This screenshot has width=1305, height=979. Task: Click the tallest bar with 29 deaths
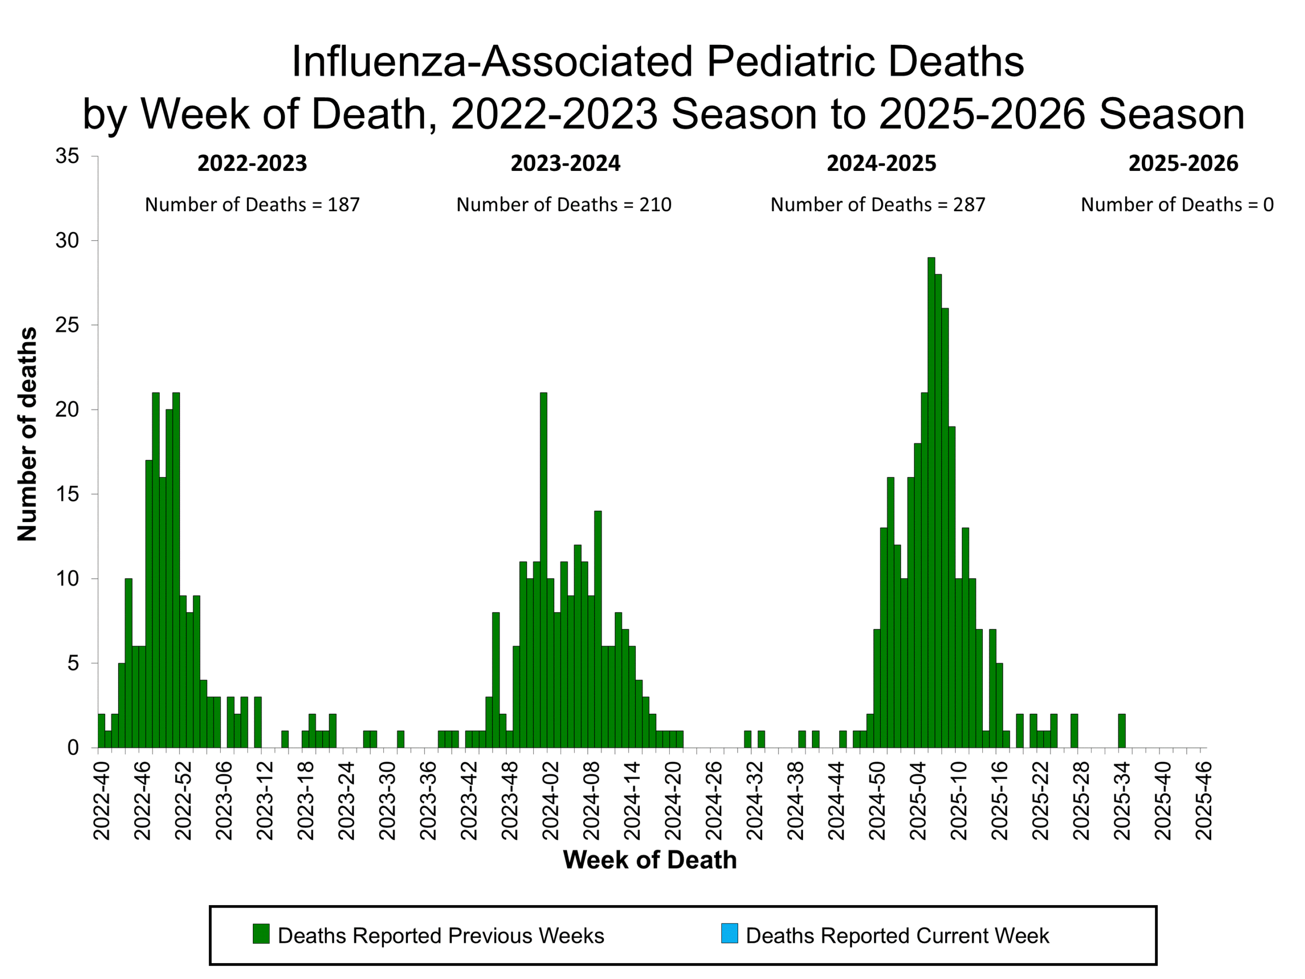(x=931, y=502)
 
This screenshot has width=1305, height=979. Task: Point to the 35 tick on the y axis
(x=67, y=157)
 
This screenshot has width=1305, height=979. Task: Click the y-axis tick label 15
(x=67, y=495)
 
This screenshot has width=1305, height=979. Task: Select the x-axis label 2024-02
(x=550, y=801)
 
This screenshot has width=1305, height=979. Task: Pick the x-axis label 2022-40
(x=101, y=801)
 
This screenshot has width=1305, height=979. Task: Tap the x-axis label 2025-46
(x=1203, y=801)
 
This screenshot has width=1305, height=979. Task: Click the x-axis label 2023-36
(x=428, y=801)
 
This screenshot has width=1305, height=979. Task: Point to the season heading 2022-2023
(x=252, y=164)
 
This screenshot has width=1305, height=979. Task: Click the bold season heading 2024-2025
(x=881, y=164)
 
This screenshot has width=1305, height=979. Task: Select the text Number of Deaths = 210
(x=563, y=205)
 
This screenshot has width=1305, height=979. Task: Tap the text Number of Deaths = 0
(x=1177, y=205)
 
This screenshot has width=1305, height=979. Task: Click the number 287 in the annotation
(x=969, y=205)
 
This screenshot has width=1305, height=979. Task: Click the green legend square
(x=261, y=934)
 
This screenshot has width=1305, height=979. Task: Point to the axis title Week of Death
(x=649, y=860)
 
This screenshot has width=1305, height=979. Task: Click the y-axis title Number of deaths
(x=27, y=434)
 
